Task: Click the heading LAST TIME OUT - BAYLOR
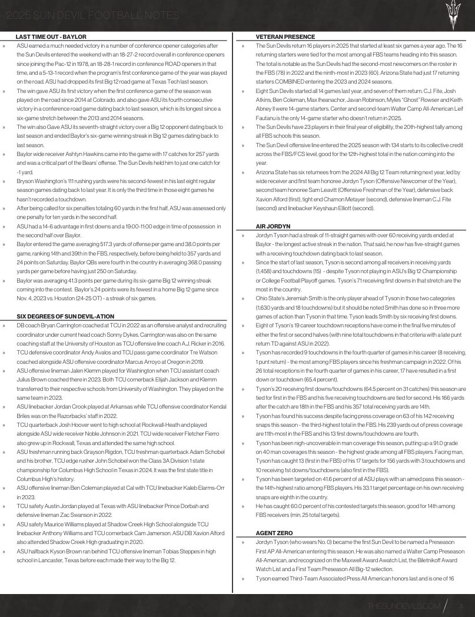click(x=51, y=37)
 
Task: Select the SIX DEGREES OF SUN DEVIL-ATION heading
click(x=65, y=316)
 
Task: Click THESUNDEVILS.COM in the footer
click(x=403, y=606)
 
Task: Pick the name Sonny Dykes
click(x=154, y=334)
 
